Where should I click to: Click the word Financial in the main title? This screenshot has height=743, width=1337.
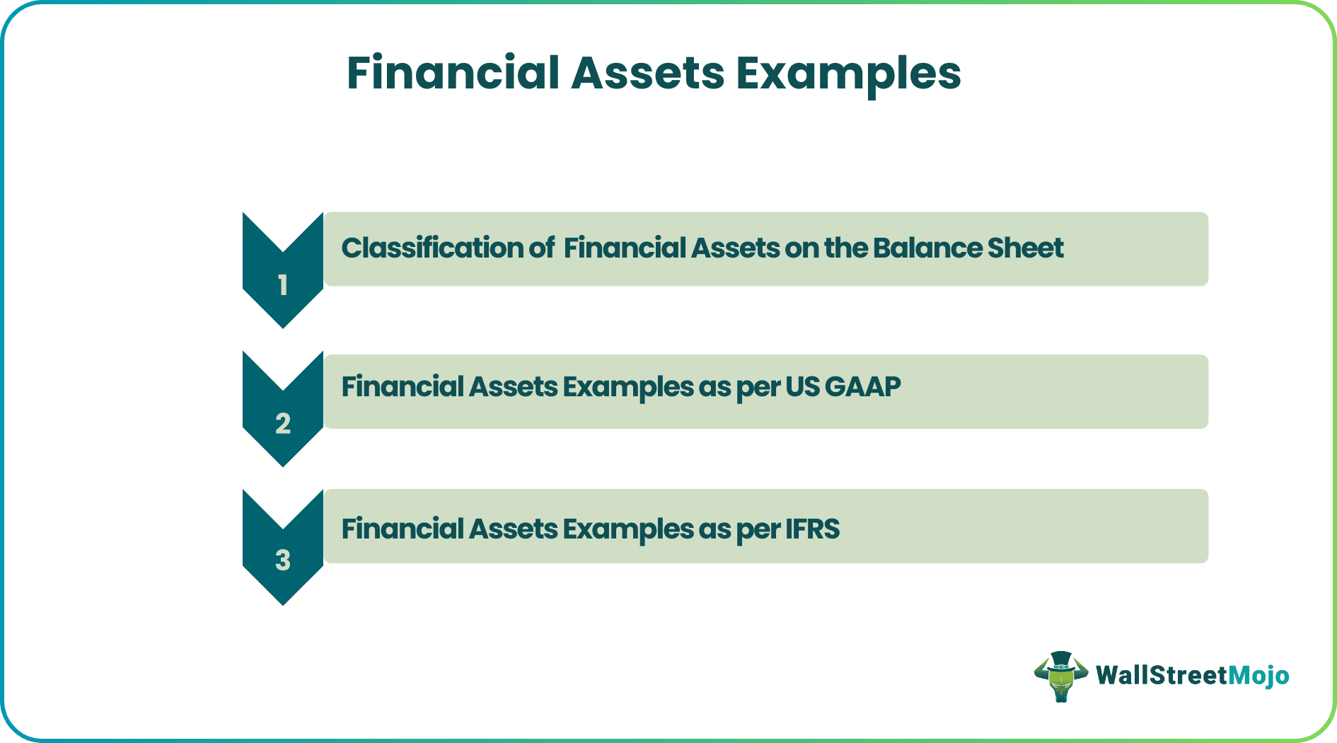tap(453, 73)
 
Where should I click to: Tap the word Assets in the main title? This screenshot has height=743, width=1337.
tap(647, 73)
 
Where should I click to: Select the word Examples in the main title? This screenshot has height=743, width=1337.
tap(847, 73)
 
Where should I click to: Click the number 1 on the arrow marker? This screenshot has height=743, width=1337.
tap(283, 285)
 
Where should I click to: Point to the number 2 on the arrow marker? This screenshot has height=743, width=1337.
tap(283, 424)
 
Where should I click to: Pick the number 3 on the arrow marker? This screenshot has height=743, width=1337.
tap(283, 560)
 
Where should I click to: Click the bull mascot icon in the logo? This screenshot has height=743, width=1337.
tap(1060, 677)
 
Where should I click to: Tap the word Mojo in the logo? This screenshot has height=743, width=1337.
tap(1258, 676)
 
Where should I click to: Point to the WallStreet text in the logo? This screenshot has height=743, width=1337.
tap(1161, 676)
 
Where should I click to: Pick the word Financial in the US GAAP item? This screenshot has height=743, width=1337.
tap(402, 387)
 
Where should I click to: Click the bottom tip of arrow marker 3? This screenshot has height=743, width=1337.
tap(283, 603)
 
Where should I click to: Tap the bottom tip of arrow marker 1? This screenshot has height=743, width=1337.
tap(283, 326)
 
